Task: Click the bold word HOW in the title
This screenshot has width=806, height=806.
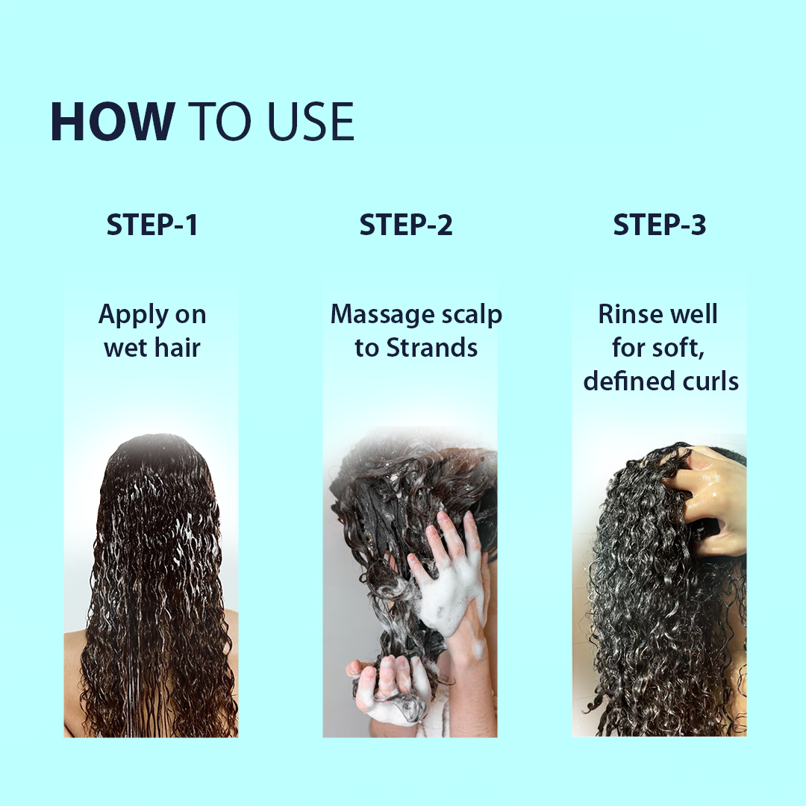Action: pos(112,122)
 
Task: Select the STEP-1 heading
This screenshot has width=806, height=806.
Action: pos(152,225)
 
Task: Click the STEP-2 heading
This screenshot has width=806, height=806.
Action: pos(406,225)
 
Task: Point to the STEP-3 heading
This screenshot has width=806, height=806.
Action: pos(660,225)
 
